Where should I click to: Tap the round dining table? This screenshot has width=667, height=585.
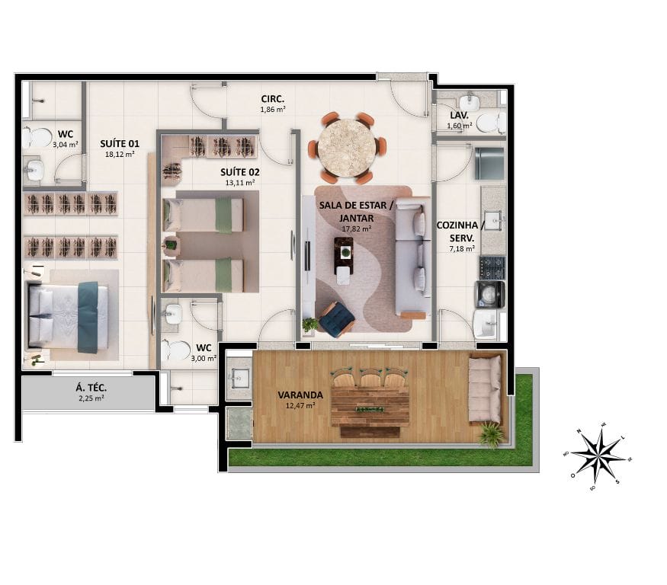[x=348, y=147]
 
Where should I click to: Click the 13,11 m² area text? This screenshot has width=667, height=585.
[x=239, y=183]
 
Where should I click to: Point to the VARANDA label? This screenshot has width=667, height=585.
[x=300, y=395]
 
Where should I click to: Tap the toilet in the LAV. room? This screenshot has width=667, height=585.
[x=489, y=122]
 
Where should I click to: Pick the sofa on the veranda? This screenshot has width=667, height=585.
[x=484, y=389]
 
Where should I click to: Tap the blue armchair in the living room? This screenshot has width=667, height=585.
[x=336, y=319]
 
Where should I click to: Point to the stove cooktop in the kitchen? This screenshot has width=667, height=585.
[x=492, y=267]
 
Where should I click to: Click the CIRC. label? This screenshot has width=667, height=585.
[x=273, y=99]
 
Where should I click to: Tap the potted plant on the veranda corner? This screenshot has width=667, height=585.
[x=492, y=435]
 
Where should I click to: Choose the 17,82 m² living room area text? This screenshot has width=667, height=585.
[x=356, y=228]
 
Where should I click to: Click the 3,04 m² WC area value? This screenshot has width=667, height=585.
[x=65, y=142]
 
